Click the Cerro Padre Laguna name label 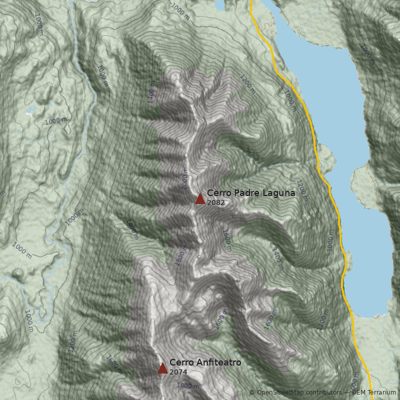[x=250, y=193]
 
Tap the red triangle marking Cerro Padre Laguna [x=200, y=199]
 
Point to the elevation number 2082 [x=215, y=203]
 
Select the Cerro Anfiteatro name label [x=205, y=362]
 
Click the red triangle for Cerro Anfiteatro [x=162, y=368]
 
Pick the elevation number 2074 [x=178, y=372]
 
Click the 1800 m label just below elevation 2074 [x=187, y=386]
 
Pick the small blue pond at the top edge [x=219, y=4]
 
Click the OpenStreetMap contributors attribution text [x=299, y=392]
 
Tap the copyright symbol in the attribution [x=252, y=392]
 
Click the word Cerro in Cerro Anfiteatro [x=180, y=362]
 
